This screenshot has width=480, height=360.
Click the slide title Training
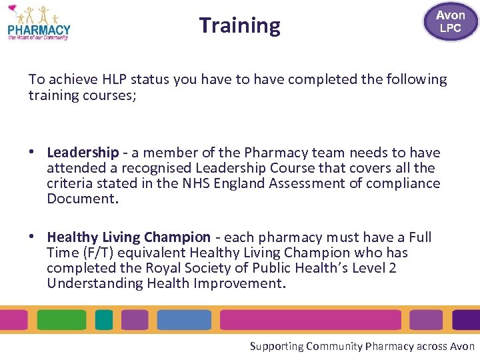(x=240, y=25)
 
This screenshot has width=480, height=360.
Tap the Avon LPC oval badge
(x=450, y=21)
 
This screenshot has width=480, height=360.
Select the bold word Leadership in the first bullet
(x=83, y=153)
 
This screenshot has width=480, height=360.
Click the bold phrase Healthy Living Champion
(x=129, y=237)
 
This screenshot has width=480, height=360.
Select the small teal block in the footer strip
(x=104, y=320)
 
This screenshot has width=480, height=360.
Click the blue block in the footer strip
(x=184, y=320)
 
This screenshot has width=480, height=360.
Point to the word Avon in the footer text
(x=463, y=346)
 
